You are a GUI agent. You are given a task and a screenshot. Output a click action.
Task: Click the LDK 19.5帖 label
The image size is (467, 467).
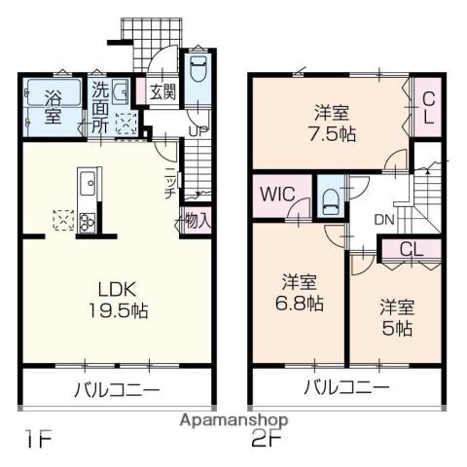(118, 301)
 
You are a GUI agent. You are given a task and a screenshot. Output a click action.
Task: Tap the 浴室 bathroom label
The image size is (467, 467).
(54, 107)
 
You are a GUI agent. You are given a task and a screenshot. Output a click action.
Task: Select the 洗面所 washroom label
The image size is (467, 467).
(100, 107)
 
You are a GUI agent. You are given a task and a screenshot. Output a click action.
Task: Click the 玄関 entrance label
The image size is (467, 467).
(162, 92)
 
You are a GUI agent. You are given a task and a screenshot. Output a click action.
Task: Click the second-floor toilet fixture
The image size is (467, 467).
(331, 202)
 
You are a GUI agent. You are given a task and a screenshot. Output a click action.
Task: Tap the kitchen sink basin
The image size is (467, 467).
(88, 184)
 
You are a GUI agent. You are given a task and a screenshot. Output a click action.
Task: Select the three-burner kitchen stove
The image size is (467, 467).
(87, 222)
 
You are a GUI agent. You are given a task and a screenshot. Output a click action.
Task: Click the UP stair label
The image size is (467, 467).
(198, 131)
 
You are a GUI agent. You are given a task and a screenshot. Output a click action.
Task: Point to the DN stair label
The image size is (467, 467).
(384, 220)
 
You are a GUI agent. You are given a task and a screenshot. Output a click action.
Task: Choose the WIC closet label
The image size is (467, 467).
(278, 194)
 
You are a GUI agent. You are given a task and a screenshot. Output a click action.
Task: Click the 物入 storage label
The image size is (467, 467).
(198, 221)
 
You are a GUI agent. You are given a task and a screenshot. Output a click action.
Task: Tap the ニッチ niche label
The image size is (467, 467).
(170, 183)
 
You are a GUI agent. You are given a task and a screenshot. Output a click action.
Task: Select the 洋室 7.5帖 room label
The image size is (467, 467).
(332, 124)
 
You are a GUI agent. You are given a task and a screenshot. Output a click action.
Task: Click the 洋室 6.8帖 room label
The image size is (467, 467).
(299, 293)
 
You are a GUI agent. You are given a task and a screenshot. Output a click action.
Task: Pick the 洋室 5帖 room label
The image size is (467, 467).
(397, 318)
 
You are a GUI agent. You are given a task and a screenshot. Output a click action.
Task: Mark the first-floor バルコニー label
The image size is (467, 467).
(118, 389)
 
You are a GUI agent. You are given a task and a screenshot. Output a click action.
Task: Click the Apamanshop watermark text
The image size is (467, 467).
(233, 421)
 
